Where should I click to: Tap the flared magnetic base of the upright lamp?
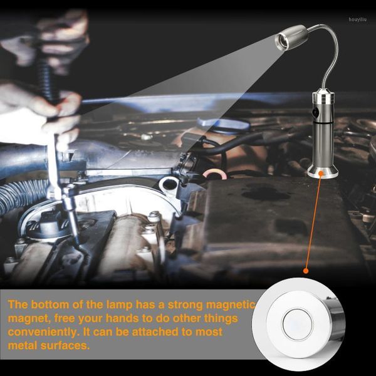pos(323,171)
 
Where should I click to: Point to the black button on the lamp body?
pos(315,112)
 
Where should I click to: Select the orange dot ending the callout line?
pos(306,271)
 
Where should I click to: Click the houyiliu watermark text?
pos(358,19)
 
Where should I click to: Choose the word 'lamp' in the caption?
pos(119,305)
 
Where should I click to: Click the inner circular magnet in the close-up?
pos(297,324)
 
